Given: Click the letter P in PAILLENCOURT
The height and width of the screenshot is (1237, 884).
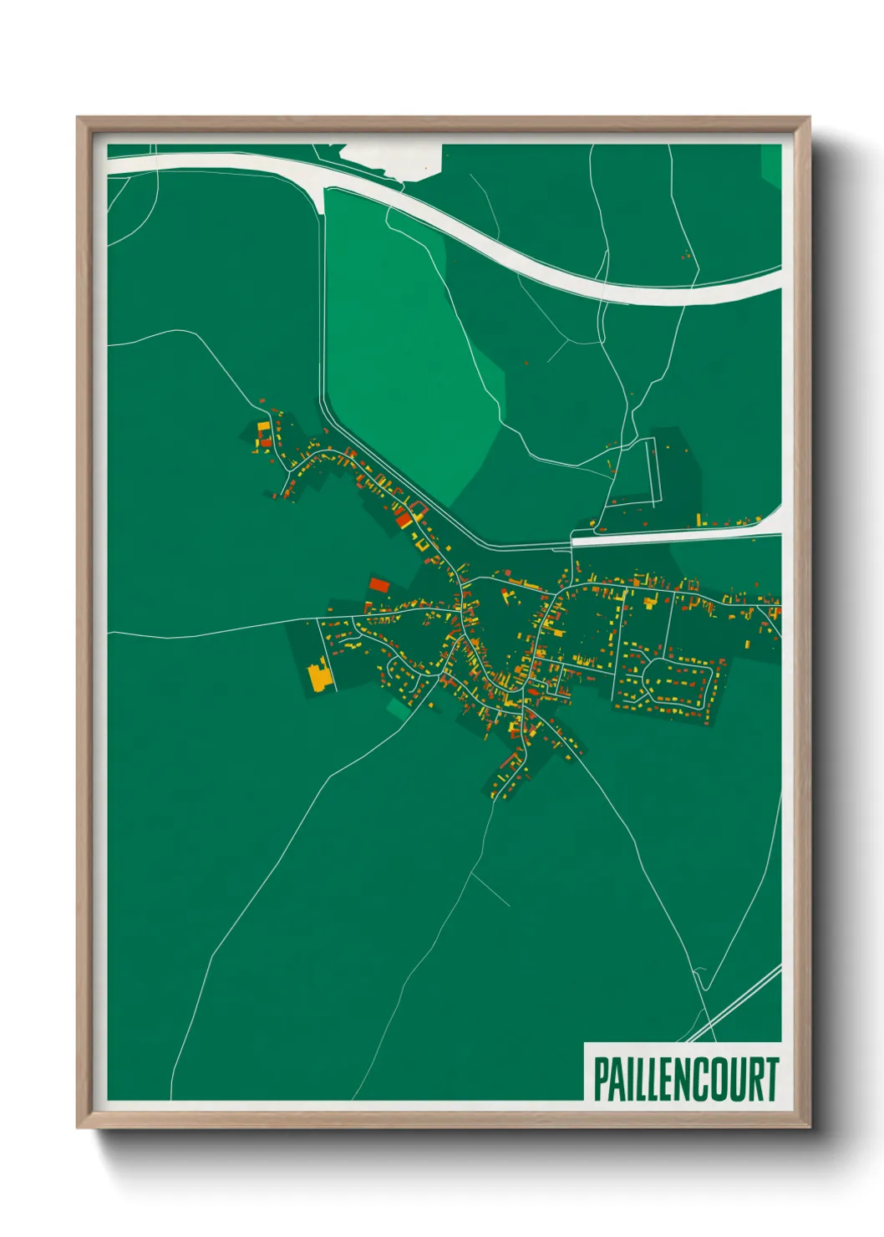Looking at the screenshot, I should [x=601, y=1079].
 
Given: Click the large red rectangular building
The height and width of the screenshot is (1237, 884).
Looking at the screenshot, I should [x=379, y=584].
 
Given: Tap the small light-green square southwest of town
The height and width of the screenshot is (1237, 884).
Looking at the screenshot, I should [x=399, y=710].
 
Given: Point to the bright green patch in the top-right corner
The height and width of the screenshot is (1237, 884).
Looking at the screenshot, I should [x=771, y=164].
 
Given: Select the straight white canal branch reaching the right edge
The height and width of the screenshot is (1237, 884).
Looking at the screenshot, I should [x=677, y=535].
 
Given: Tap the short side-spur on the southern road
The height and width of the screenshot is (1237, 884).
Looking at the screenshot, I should [x=491, y=889].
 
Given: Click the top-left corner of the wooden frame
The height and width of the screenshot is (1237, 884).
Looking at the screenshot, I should [x=79, y=119].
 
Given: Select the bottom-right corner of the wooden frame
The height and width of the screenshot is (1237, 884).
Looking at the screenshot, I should [x=808, y=1126].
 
